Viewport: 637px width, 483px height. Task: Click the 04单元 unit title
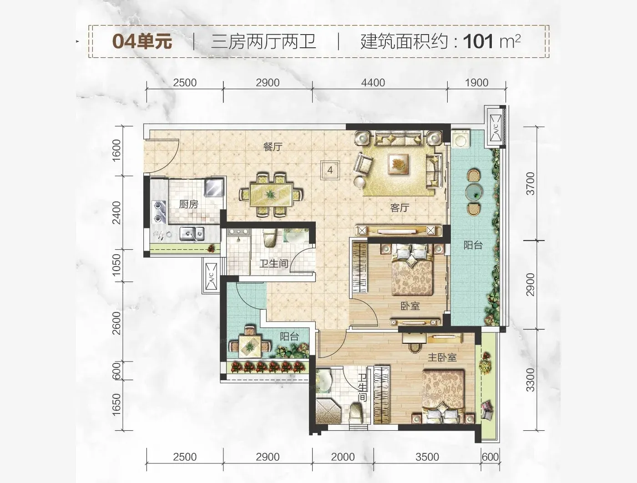pos(142,41)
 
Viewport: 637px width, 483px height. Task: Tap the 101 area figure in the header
pos(478,41)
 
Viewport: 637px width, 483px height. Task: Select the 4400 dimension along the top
pos(373,83)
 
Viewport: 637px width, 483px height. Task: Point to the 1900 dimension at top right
pos(476,83)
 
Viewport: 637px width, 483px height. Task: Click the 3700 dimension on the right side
pos(530,183)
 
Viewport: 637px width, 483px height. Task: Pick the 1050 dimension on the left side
pos(116,265)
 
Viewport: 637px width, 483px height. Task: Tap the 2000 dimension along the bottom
pos(343,457)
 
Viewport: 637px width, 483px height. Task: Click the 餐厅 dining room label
pos(273,147)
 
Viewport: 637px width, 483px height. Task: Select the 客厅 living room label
pos(399,208)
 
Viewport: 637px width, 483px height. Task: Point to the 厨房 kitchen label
pos(189,204)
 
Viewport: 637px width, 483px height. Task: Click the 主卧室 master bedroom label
pos(442,357)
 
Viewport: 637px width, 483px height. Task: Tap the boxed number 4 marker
pos(330,170)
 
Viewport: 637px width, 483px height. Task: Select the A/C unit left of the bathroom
pos(211,276)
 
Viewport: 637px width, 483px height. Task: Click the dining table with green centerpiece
pos(271,195)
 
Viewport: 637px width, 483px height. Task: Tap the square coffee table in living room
pos(398,164)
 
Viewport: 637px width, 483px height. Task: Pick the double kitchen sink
pos(192,234)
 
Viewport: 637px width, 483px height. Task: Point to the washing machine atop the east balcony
pos(460,140)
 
